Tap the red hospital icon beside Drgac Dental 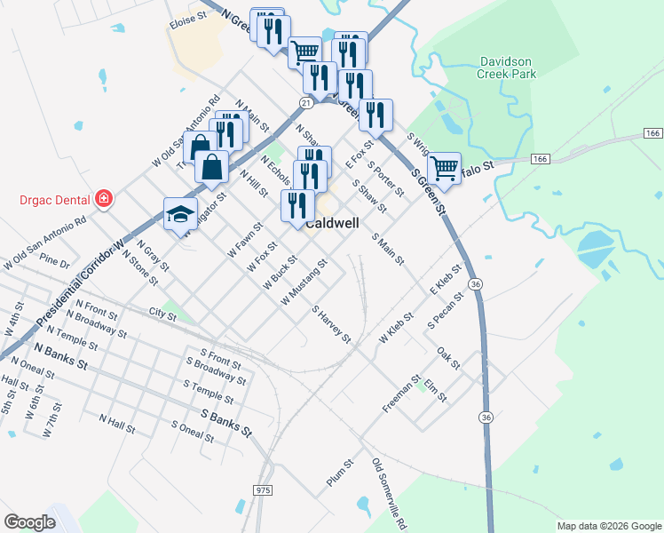click(x=105, y=197)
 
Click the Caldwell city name click(x=332, y=224)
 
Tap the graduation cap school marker click(x=180, y=214)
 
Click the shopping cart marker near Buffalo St click(x=444, y=167)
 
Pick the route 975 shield click(x=262, y=490)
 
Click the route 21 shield click(x=305, y=104)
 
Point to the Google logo click(x=29, y=522)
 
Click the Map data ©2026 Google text click(x=608, y=526)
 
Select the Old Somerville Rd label click(x=390, y=493)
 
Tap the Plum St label click(x=340, y=472)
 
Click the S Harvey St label click(x=332, y=325)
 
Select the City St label click(x=163, y=313)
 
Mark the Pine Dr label click(x=54, y=263)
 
